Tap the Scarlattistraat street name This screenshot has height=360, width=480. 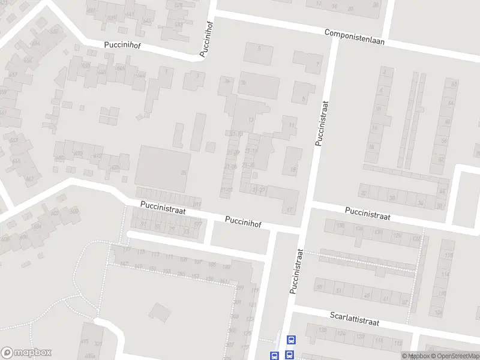point(355,318)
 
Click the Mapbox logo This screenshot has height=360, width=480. point(26,353)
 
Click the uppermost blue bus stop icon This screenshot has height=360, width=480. point(291,339)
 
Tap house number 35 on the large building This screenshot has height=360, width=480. point(184,173)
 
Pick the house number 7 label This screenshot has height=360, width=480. point(317,64)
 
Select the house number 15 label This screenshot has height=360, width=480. point(293,169)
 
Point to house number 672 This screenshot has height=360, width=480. point(96,156)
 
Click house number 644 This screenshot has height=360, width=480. point(140,75)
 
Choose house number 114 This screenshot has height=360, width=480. point(445,274)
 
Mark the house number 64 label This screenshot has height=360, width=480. point(451,103)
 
